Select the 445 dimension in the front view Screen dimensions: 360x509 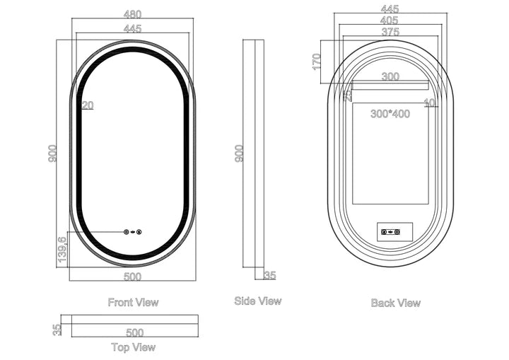pyautogui.click(x=132, y=29)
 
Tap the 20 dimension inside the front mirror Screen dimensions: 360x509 pyautogui.click(x=88, y=105)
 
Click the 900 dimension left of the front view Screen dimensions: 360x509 pyautogui.click(x=52, y=153)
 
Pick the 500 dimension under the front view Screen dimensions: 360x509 pyautogui.click(x=132, y=276)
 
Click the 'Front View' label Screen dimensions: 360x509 pyautogui.click(x=133, y=302)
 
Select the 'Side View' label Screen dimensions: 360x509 pyautogui.click(x=257, y=301)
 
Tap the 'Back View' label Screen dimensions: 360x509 pyautogui.click(x=395, y=303)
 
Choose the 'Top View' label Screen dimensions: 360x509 pyautogui.click(x=133, y=347)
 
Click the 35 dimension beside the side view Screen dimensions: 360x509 pyautogui.click(x=269, y=275)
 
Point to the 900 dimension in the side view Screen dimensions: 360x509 pyautogui.click(x=239, y=153)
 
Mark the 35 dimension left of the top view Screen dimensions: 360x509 pyautogui.click(x=57, y=329)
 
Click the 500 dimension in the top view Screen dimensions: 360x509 pyautogui.click(x=134, y=332)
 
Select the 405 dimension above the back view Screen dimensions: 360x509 pyautogui.click(x=389, y=21)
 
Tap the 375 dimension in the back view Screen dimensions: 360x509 pyautogui.click(x=390, y=32)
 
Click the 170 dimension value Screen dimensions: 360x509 pyautogui.click(x=317, y=61)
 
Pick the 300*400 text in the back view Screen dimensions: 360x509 pyautogui.click(x=390, y=113)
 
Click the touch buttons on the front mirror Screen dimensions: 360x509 pyautogui.click(x=132, y=231)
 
